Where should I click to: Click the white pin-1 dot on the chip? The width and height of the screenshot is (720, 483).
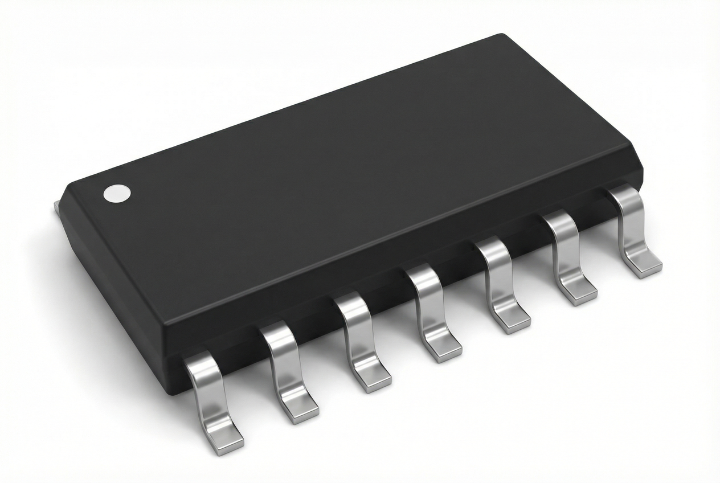point(117,194)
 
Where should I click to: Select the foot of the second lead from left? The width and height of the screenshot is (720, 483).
point(300,408)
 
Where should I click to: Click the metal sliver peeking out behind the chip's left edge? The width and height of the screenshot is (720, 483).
point(57,208)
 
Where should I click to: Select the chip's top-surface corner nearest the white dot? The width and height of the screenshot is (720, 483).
point(71,186)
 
